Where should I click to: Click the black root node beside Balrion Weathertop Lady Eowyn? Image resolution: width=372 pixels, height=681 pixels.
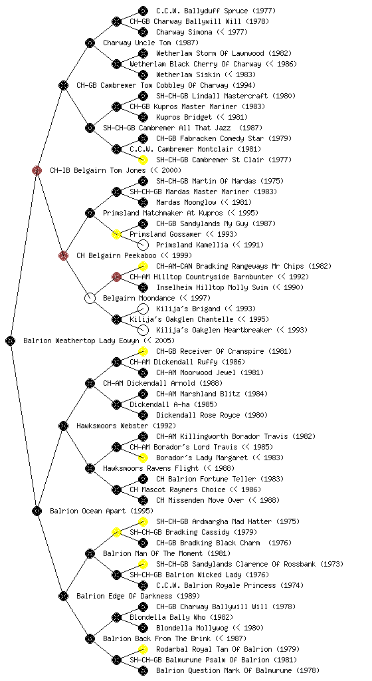coord(11,340)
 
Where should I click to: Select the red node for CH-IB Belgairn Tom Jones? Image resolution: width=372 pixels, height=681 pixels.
coord(37,170)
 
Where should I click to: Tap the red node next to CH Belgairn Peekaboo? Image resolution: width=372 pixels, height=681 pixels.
coord(63,255)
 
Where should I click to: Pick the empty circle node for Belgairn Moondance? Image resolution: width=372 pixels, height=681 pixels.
coord(90,298)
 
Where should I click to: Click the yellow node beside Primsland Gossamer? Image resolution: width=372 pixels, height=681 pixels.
coord(116,234)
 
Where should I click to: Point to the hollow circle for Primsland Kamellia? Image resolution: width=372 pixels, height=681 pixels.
coord(143,245)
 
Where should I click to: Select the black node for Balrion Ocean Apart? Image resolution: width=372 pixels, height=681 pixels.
coord(37,511)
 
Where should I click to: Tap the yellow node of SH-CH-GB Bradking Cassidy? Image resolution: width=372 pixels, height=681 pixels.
coord(116,532)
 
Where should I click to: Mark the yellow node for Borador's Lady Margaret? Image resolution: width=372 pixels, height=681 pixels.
coord(143,458)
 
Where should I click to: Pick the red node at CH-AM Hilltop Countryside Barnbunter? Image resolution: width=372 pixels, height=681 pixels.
coord(116,277)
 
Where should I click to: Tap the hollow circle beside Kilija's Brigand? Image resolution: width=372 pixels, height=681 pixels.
coord(143,309)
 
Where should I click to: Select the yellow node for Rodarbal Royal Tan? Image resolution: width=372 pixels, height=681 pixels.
coord(143,649)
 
